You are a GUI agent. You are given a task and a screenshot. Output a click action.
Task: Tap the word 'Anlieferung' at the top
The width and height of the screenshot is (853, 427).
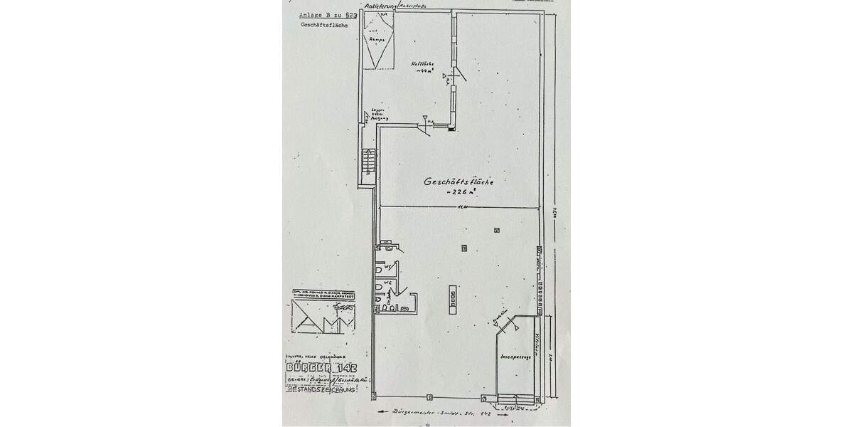378,6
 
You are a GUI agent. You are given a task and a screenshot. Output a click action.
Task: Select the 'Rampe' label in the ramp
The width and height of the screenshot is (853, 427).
377,41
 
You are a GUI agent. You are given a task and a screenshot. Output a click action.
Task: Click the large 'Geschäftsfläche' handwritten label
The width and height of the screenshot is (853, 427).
458,181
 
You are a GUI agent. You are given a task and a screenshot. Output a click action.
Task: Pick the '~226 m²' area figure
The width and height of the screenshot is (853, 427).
459,194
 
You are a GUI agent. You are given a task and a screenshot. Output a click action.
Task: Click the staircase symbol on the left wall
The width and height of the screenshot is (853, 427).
367,160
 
